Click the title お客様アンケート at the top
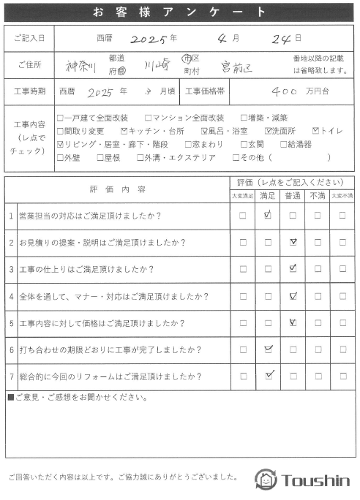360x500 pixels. (x=179, y=12)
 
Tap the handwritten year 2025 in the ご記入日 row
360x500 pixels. (x=148, y=37)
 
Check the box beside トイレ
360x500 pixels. (x=315, y=131)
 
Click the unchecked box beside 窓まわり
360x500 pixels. (x=188, y=144)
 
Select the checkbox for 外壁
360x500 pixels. (x=60, y=157)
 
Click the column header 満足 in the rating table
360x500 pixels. (x=268, y=196)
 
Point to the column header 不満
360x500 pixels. (x=318, y=196)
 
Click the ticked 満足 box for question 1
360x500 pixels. (x=268, y=216)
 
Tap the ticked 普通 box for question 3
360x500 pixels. (x=293, y=269)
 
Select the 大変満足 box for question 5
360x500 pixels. (x=243, y=322)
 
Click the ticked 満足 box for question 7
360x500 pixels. (x=269, y=376)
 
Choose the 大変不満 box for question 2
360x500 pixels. (x=342, y=242)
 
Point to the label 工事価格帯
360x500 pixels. (x=206, y=92)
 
